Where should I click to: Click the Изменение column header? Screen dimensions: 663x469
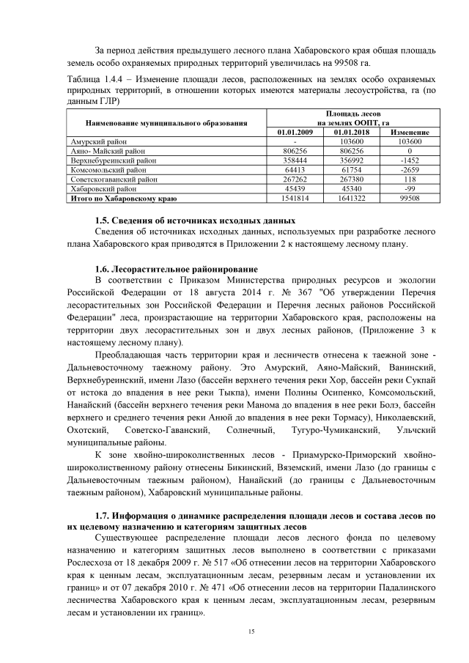click(x=405, y=132)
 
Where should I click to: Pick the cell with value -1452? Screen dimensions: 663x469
click(x=405, y=159)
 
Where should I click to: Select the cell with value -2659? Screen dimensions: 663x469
click(x=405, y=168)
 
